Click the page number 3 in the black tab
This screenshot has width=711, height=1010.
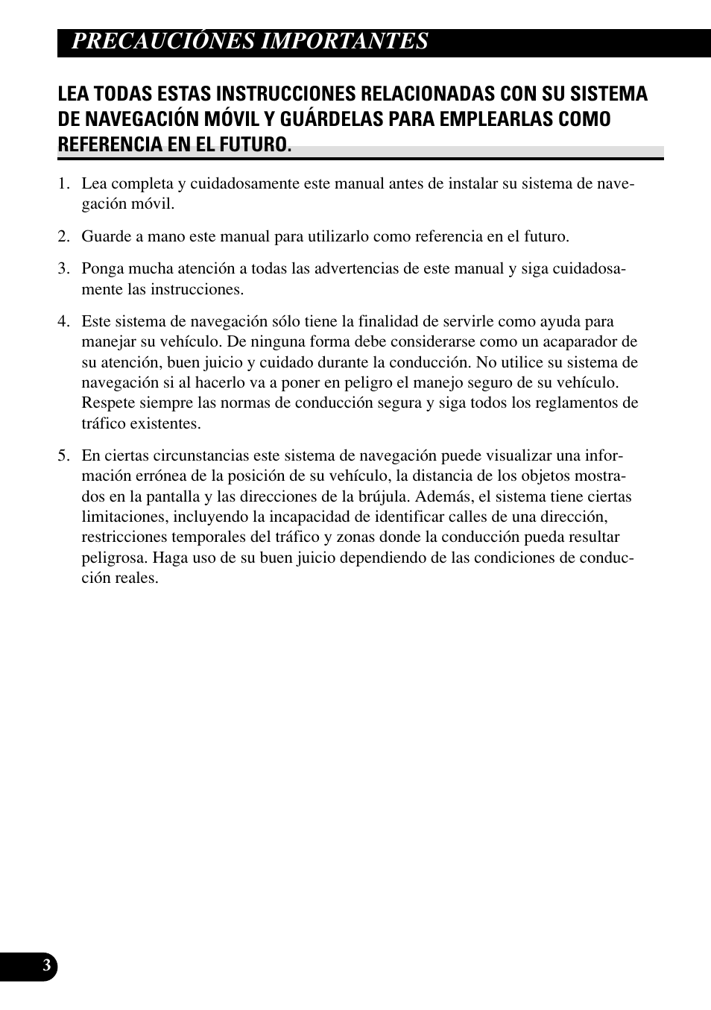pos(46,967)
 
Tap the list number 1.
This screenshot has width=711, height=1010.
pos(63,184)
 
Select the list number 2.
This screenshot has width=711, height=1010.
pos(63,237)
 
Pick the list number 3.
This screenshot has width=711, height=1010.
pos(63,269)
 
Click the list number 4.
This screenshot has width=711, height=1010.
pos(63,322)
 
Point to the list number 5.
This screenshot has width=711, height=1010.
pos(63,456)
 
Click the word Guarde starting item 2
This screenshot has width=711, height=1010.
pos(105,237)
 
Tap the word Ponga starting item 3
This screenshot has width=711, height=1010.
pos(103,269)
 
